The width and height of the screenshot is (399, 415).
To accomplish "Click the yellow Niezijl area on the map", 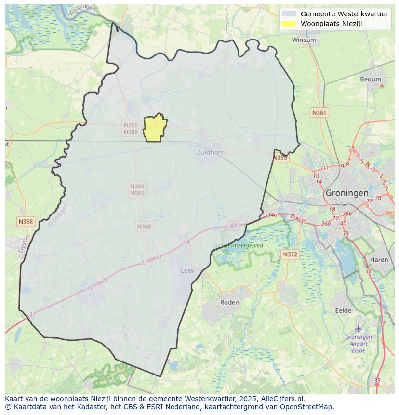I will point(155,128).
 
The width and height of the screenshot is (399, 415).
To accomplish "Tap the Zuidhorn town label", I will point(211,152).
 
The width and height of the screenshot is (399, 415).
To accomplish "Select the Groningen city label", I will point(347,193).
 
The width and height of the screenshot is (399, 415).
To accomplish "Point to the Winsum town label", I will point(304,40).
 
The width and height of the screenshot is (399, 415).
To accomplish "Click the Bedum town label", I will point(370,80).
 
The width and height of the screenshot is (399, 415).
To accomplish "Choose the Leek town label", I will point(187,270).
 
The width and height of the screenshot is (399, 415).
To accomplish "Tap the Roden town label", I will point(229,302).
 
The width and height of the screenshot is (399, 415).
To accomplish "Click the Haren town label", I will point(379,260).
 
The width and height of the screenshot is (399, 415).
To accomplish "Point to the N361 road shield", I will point(319,113).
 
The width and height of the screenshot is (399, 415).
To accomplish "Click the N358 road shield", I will point(26,222).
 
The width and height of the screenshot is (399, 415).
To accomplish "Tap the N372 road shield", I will point(290,254).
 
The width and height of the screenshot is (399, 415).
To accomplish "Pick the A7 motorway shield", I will point(233,226).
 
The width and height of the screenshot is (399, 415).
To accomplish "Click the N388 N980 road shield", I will point(137,190).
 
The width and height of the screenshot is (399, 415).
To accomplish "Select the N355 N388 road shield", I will point(131,128).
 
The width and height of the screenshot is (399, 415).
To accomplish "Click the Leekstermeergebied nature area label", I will point(238,246).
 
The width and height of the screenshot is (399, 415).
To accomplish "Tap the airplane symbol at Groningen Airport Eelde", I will point(359,329).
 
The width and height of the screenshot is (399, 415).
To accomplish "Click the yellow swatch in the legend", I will point(289,24).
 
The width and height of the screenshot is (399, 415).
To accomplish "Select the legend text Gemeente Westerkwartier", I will point(344,14).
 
